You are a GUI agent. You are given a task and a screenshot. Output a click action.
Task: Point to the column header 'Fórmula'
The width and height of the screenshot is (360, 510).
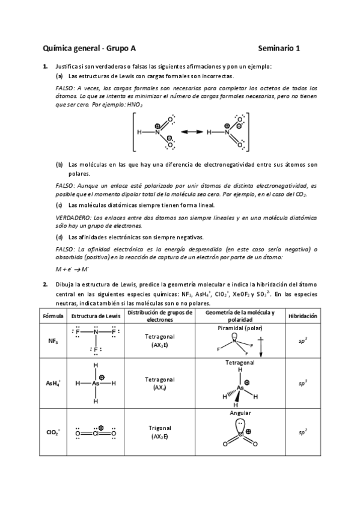pyautogui.click(x=53, y=316)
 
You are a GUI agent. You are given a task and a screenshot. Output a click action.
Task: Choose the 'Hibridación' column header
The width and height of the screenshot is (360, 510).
pyautogui.click(x=302, y=316)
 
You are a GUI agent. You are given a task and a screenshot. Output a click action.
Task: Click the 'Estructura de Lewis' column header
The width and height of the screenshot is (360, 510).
pyautogui.click(x=95, y=316)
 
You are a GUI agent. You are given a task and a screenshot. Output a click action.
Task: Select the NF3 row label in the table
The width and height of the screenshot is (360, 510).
pyautogui.click(x=53, y=340)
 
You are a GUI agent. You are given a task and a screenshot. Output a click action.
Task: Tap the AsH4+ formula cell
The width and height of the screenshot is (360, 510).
pyautogui.click(x=53, y=382)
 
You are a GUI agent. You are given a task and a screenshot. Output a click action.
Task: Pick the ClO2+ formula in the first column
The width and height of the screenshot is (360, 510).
pyautogui.click(x=53, y=432)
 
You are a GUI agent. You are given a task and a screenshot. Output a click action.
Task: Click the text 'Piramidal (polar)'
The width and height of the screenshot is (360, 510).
pyautogui.click(x=240, y=328)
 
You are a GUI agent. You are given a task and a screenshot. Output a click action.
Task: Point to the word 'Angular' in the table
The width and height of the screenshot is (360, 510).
pyautogui.click(x=240, y=413)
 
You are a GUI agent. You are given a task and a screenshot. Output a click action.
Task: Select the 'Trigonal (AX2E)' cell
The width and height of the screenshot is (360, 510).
pyautogui.click(x=160, y=432)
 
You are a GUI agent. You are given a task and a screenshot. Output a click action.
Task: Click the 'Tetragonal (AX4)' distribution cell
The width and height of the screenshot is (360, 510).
pyautogui.click(x=160, y=383)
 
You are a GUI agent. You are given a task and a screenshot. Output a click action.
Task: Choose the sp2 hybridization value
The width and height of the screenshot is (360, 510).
pyautogui.click(x=302, y=431)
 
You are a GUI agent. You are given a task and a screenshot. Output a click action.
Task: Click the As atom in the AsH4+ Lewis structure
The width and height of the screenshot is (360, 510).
pyautogui.click(x=95, y=382)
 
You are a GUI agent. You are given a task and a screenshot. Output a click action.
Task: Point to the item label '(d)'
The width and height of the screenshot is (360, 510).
pyautogui.click(x=59, y=237)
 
